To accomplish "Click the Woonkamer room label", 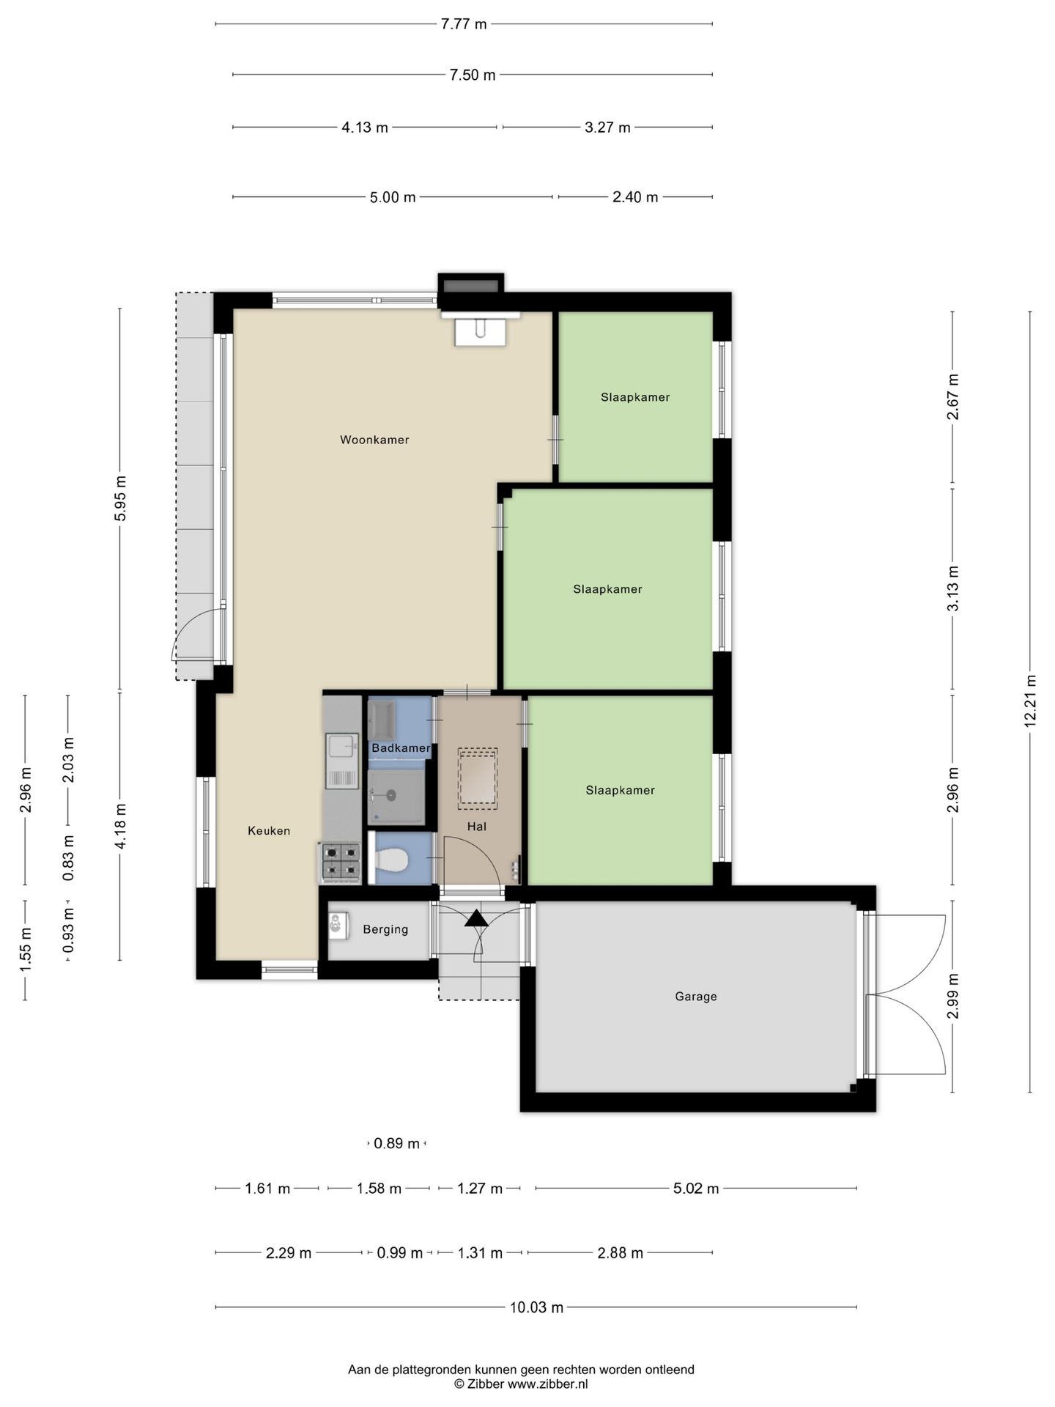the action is pyautogui.click(x=374, y=440).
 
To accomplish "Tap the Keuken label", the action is pyautogui.click(x=269, y=830).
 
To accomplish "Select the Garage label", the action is pyautogui.click(x=696, y=996).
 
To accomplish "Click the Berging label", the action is pyautogui.click(x=385, y=929).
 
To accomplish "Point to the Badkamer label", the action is pyautogui.click(x=401, y=748).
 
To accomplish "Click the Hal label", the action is pyautogui.click(x=477, y=827).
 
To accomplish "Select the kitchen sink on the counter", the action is pyautogui.click(x=342, y=761).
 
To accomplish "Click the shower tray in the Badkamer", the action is pyautogui.click(x=396, y=797).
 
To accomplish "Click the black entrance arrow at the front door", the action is pyautogui.click(x=476, y=917).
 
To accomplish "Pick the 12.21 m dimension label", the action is pyautogui.click(x=1030, y=701).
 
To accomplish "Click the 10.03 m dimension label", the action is pyautogui.click(x=537, y=1307).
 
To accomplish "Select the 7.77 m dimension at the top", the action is pyautogui.click(x=464, y=24).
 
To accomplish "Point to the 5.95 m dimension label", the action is pyautogui.click(x=121, y=498).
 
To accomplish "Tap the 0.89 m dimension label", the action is pyautogui.click(x=397, y=1143).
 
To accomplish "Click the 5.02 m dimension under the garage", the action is pyautogui.click(x=696, y=1189).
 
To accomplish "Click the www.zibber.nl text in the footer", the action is pyautogui.click(x=548, y=1384).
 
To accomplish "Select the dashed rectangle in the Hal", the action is pyautogui.click(x=478, y=778).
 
